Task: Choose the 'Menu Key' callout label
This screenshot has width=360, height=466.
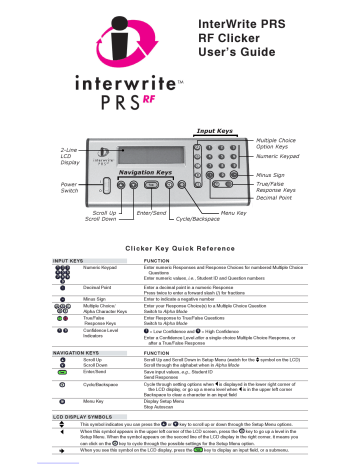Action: coord(234,213)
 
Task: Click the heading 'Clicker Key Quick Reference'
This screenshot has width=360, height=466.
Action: coord(180,246)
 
